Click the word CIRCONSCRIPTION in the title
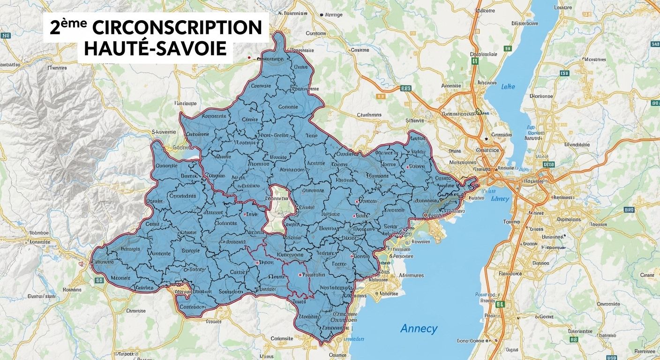177,29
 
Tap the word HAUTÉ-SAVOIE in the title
155,49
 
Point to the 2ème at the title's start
68,27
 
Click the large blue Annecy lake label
419,329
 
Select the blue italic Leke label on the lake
508,87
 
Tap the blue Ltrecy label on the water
500,199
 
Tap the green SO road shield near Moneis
99,280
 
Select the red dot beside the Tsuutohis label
300,275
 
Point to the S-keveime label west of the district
164,132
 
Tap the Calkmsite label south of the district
282,338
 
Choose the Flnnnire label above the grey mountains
57,68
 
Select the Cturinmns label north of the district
369,114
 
